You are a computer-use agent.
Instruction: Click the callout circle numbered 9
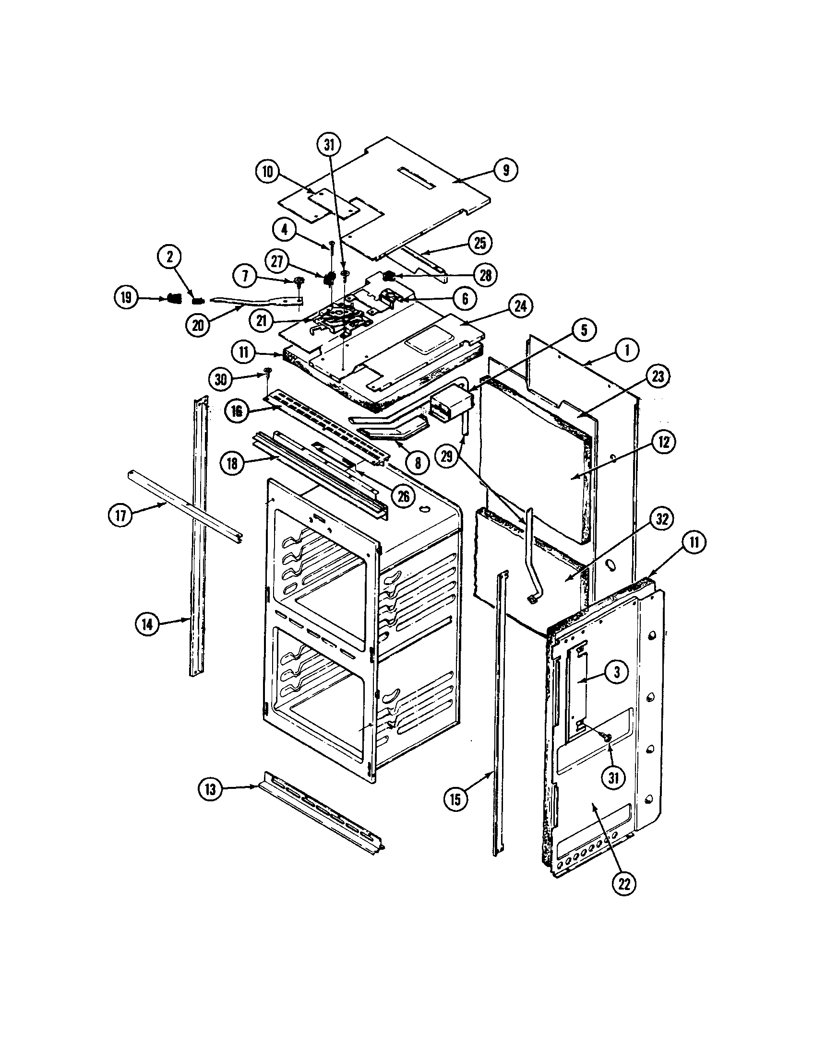505,170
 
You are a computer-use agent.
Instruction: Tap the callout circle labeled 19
127,297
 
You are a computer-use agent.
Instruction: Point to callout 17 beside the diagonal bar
121,516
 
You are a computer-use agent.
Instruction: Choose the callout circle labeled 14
147,624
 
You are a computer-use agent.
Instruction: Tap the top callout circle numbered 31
329,145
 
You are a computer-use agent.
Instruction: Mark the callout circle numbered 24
520,307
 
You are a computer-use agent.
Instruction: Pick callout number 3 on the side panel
616,672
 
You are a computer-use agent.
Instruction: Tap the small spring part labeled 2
197,301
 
